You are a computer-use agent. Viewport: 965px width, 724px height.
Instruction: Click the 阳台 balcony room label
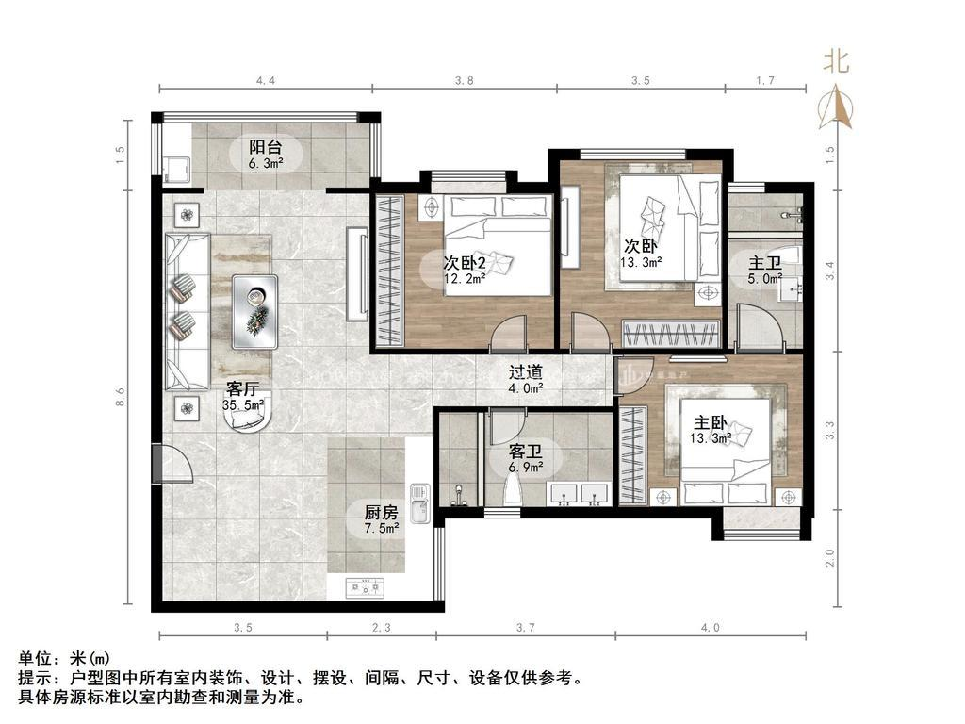pos(265,148)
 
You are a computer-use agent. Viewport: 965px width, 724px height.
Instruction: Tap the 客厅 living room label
pos(242,389)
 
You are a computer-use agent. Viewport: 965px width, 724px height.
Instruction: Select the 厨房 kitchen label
pos(381,512)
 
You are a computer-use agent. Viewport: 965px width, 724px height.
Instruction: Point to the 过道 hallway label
pos(526,371)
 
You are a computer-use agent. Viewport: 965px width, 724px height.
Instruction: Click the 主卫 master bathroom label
pos(764,264)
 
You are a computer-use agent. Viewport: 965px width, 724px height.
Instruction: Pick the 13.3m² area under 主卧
pos(711,438)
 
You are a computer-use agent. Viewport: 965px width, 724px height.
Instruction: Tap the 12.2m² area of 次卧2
pos(465,278)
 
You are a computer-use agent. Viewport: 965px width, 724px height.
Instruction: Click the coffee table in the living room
pos(254,312)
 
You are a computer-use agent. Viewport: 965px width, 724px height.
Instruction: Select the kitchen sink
pos(420,502)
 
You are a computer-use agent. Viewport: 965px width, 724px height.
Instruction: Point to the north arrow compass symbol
pos(835,107)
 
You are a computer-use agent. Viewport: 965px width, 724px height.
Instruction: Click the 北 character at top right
pos(837,61)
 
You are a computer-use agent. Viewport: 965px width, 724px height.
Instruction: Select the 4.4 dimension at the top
pos(266,80)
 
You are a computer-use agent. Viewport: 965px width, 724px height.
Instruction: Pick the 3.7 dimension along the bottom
pos(525,627)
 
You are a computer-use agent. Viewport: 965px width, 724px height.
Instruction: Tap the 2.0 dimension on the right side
pos(829,557)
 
